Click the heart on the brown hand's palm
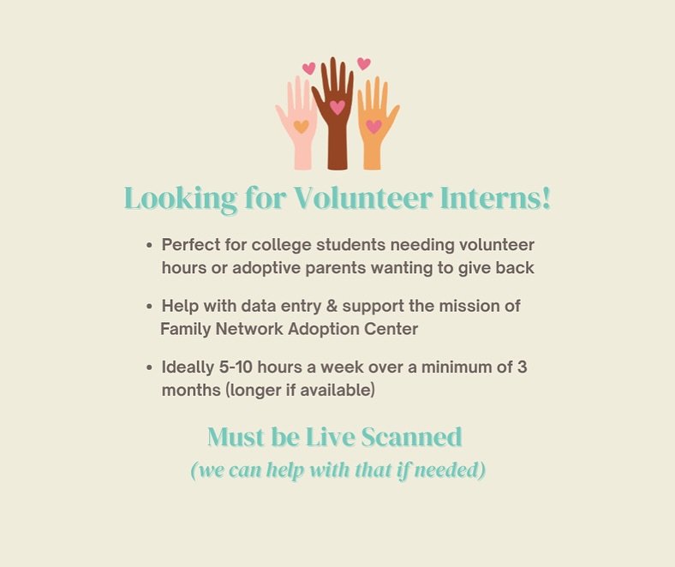click(x=337, y=108)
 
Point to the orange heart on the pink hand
click(x=301, y=126)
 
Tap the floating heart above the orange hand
click(x=364, y=63)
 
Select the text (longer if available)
click(x=269, y=390)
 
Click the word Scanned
click(x=411, y=437)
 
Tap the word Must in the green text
click(x=234, y=437)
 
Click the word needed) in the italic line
click(x=449, y=470)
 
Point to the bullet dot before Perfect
click(x=150, y=246)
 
